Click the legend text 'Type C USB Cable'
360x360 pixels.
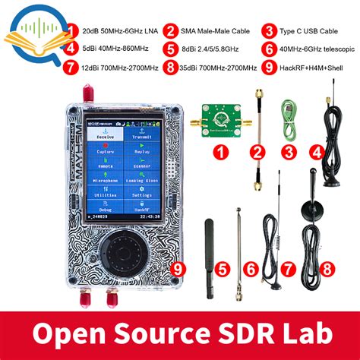point(311,31)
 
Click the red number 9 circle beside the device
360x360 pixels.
point(178,267)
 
